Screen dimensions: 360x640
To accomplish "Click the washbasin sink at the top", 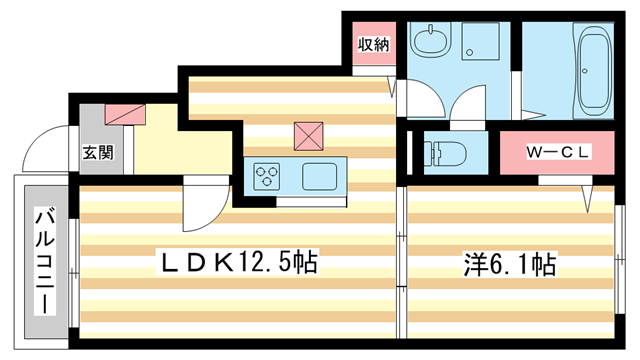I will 431,42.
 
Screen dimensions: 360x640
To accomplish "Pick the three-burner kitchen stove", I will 267,177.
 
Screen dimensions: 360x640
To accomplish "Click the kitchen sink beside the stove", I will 320,177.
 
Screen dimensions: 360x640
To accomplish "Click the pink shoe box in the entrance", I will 124,114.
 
